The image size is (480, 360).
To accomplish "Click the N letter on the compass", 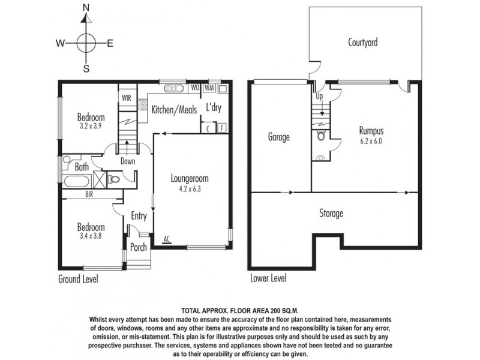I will (x=86, y=8).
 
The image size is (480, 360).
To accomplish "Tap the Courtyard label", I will (x=362, y=43).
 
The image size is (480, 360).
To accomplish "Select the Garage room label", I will (x=279, y=137).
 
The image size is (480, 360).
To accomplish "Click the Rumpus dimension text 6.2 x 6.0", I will (x=370, y=142).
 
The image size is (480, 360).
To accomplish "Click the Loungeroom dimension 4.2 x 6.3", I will (x=189, y=188).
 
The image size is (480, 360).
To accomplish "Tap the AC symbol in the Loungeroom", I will (x=166, y=239).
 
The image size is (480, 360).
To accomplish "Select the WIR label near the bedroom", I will (x=127, y=97).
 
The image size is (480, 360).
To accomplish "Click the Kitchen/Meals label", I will (x=172, y=110).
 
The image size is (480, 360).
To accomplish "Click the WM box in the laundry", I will (x=209, y=88).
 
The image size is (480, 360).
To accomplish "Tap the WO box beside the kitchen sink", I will (x=194, y=88).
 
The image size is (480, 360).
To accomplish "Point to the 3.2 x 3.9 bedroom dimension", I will (x=91, y=127).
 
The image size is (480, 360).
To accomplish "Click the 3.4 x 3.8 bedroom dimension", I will (x=91, y=236).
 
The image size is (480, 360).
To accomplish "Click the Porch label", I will (x=139, y=247).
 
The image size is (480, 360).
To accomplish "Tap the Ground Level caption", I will (x=78, y=279).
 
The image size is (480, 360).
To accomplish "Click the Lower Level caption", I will (x=268, y=278).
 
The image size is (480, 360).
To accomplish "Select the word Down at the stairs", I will (x=127, y=161).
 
